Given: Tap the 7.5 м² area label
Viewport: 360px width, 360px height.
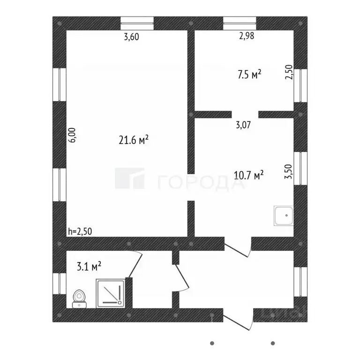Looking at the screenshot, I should click(248, 74).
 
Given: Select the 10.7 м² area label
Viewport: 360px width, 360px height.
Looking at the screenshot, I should click(248, 175).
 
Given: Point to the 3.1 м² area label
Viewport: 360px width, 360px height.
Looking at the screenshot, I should click(89, 267).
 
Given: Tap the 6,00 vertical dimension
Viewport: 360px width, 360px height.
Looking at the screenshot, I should click(72, 135).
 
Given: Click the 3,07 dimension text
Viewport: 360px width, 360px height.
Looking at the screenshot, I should click(243, 125).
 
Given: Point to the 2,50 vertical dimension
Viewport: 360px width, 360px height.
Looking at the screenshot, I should click(289, 73).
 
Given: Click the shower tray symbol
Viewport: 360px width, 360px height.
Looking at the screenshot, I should click(111, 292).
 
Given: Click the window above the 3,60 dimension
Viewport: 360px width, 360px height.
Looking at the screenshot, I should click(137, 23).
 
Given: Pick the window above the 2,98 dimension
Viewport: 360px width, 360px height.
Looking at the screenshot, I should click(240, 23).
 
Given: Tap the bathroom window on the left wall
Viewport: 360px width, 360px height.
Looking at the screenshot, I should click(59, 284).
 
